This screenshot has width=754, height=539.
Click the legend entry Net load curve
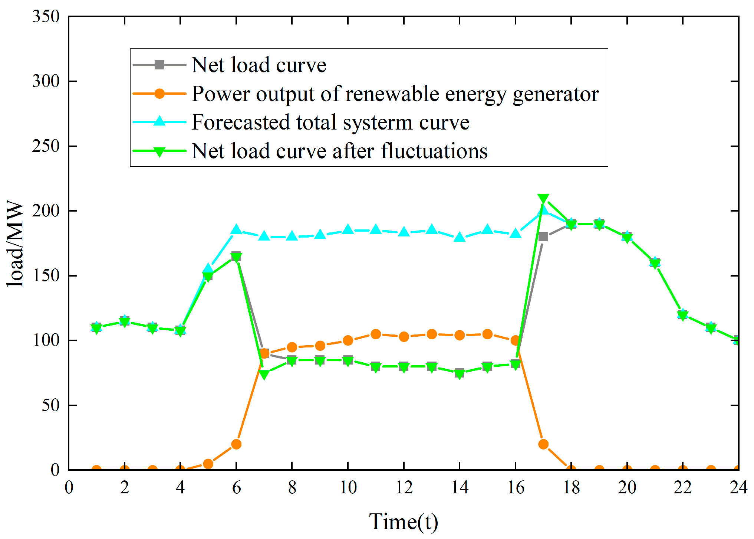[259, 65]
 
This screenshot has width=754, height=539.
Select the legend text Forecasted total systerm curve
[330, 122]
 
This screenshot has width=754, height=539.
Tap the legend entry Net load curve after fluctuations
[339, 151]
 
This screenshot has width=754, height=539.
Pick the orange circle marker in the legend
[159, 94]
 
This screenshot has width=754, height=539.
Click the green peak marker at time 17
[543, 199]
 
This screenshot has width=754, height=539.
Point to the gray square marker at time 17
[543, 237]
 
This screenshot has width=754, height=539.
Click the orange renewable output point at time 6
[236, 444]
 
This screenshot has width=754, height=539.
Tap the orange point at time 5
[208, 464]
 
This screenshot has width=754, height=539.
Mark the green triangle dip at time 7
[264, 374]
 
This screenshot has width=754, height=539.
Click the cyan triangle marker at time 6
[236, 230]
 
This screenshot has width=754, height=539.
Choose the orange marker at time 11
[376, 334]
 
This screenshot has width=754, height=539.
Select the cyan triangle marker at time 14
[460, 237]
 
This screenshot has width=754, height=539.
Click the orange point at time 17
[543, 444]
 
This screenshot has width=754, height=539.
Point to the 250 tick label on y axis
[46, 146]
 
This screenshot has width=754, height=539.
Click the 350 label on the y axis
[46, 17]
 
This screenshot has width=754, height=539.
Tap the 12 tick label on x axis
[404, 487]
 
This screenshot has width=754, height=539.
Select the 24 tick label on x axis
[738, 487]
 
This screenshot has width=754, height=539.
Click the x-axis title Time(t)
[404, 521]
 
